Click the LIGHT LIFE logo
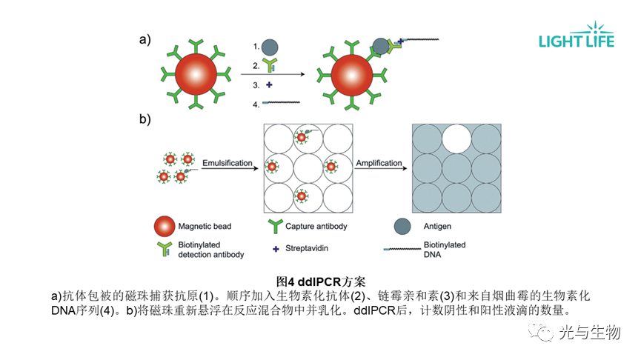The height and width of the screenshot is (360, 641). (x=577, y=37)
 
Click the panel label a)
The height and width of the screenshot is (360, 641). (x=145, y=41)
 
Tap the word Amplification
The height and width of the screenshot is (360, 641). (x=379, y=163)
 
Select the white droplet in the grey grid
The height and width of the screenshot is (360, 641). (x=457, y=139)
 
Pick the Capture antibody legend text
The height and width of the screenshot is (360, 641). (x=317, y=226)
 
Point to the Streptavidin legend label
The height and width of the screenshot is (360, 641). (x=309, y=248)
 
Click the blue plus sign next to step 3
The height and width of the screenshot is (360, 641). (x=269, y=85)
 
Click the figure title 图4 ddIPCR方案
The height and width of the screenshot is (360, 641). (x=320, y=281)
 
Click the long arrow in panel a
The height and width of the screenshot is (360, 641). (x=273, y=74)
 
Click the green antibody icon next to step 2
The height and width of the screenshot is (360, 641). (x=270, y=65)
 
